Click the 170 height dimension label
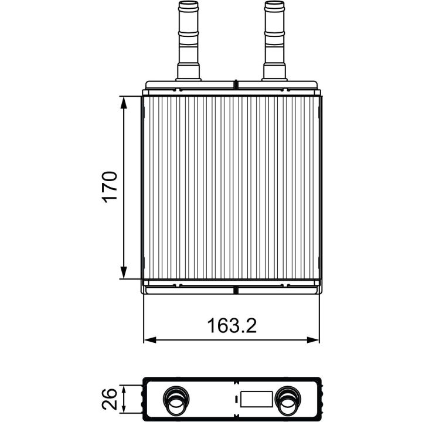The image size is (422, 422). click(110, 187)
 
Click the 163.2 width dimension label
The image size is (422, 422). click(232, 326)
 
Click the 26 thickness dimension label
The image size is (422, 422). click(110, 399)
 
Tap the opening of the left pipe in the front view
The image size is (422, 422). click(188, 3)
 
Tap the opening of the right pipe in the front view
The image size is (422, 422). click(274, 3)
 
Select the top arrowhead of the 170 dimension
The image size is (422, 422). click(124, 103)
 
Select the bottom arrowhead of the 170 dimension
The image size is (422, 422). click(124, 273)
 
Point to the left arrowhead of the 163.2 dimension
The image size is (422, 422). click(150, 339)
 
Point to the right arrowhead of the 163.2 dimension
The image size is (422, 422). click(313, 339)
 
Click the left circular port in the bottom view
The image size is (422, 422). click(176, 399)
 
